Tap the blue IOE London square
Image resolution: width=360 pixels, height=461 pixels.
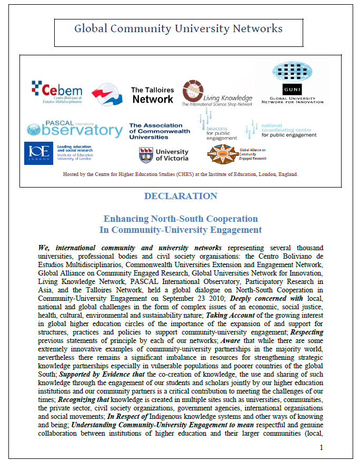tap(38, 153)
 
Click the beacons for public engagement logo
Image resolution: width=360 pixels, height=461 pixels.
tap(217, 126)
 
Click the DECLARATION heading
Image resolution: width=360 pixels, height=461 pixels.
tap(180, 196)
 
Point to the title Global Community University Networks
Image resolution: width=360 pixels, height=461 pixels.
tap(178, 29)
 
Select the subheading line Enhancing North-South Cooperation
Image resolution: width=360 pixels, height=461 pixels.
tap(181, 219)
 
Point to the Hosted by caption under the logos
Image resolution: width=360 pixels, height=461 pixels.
tap(180, 174)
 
